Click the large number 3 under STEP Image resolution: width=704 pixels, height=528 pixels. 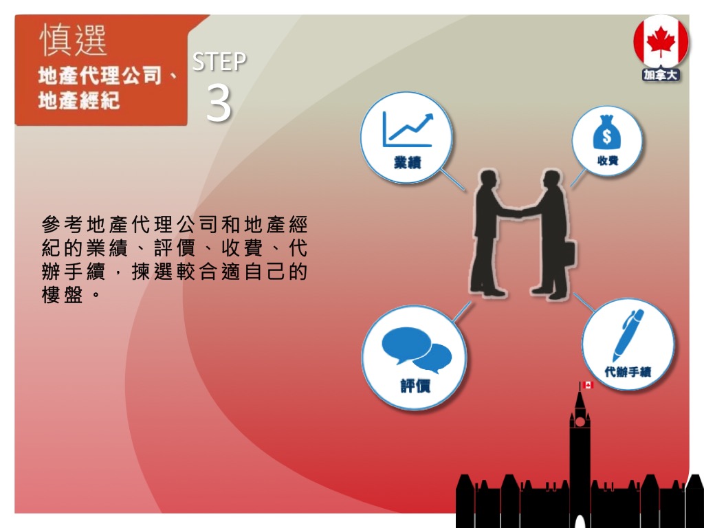(x=219, y=104)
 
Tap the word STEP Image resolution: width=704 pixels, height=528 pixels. (x=219, y=62)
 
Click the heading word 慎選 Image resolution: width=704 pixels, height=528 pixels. (x=73, y=40)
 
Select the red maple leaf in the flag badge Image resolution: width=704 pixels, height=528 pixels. (x=661, y=41)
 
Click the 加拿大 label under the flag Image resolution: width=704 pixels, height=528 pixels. (x=661, y=75)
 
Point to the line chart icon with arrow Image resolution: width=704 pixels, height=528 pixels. (x=408, y=130)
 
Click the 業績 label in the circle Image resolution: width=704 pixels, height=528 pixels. (x=407, y=162)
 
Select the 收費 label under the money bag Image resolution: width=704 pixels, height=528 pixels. (x=608, y=160)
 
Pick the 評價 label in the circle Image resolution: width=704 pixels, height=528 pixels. (x=415, y=386)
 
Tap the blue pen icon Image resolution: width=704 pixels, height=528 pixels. (x=628, y=335)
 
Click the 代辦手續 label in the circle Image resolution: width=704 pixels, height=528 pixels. (x=627, y=372)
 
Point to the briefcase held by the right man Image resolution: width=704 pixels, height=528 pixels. (x=568, y=253)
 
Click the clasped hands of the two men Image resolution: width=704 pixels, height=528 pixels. (x=521, y=213)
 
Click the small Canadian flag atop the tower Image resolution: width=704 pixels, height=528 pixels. (x=588, y=385)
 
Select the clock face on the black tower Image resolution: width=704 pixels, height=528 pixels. (x=580, y=421)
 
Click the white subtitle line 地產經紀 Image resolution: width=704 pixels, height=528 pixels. (x=79, y=100)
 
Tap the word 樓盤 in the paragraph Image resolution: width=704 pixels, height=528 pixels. (x=63, y=295)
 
